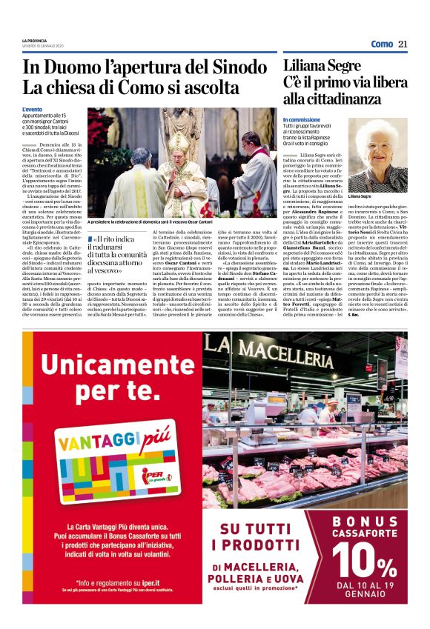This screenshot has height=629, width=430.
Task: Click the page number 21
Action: point(403,44)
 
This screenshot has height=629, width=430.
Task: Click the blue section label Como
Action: point(382,44)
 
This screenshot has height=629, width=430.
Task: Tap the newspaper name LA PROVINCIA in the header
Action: point(34,40)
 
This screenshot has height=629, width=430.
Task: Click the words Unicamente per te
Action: point(108,376)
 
